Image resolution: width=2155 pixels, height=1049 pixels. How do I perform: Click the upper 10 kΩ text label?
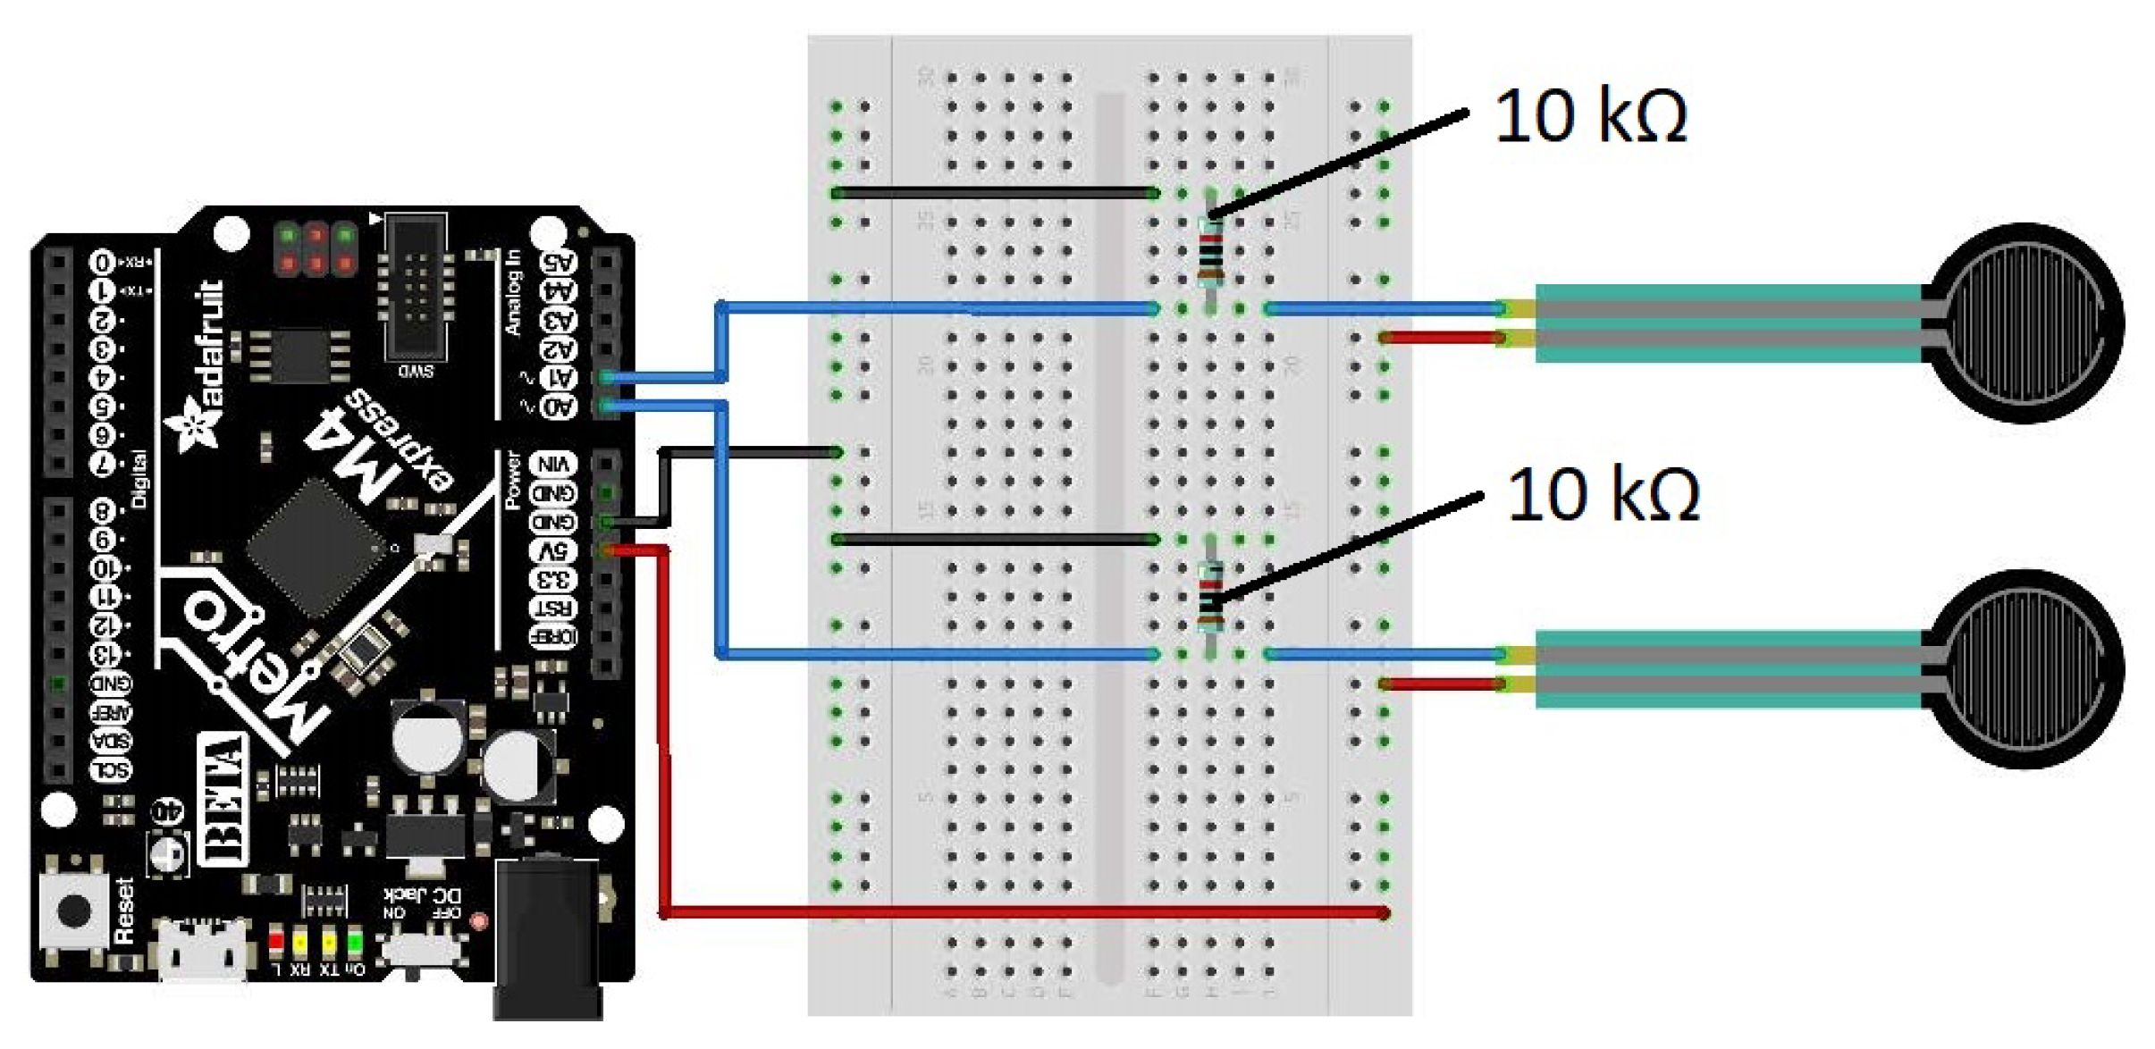click(x=1590, y=116)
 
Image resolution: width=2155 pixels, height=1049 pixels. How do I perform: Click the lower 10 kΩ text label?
click(x=1603, y=495)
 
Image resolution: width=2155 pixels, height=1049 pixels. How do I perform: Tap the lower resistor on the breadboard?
click(x=1211, y=595)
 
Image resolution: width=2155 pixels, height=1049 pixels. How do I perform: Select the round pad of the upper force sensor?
click(x=2024, y=323)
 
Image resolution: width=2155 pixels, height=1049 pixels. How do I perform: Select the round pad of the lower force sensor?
click(x=2024, y=668)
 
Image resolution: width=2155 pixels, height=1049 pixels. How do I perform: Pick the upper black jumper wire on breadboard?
click(x=992, y=193)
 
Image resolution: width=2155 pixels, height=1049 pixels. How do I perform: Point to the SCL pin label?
click(x=112, y=769)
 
